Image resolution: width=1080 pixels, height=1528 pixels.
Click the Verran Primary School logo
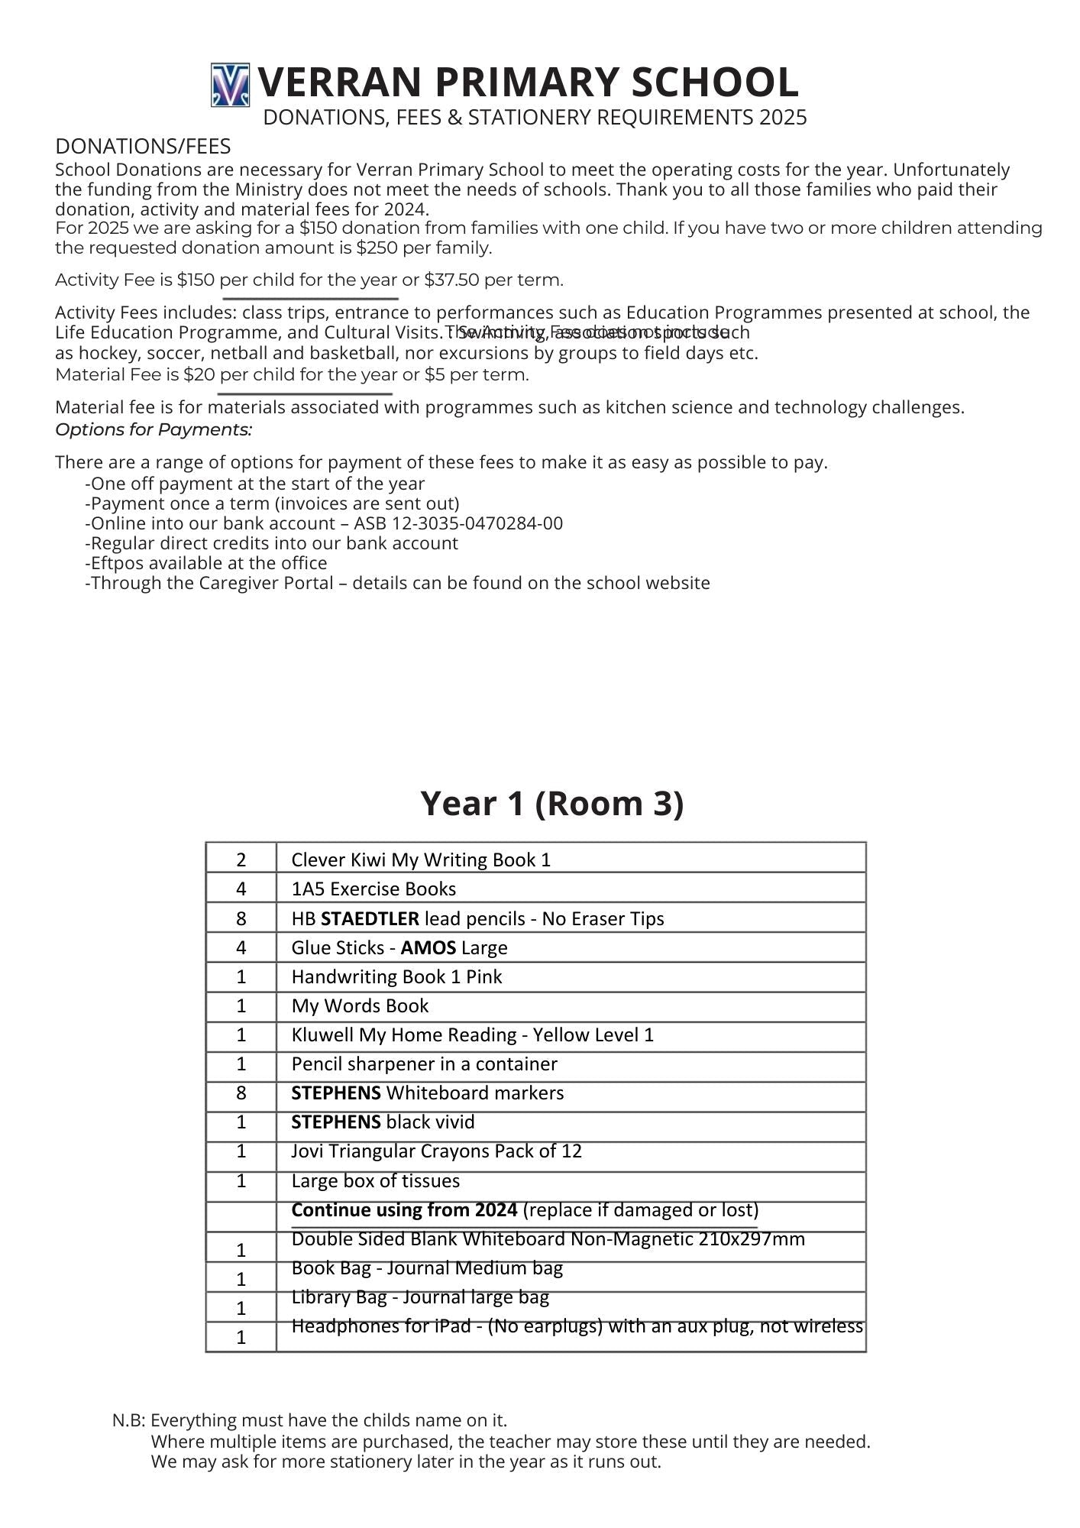(230, 85)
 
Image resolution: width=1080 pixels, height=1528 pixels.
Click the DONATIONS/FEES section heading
(143, 147)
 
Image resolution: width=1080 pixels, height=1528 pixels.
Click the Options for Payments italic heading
(154, 430)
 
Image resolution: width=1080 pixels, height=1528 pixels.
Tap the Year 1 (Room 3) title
(551, 804)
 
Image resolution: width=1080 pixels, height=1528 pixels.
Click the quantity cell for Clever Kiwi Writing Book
(241, 860)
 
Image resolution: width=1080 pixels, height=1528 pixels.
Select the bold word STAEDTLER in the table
(370, 919)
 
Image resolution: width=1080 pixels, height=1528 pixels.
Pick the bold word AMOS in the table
(428, 948)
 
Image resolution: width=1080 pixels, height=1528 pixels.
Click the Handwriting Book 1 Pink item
(396, 977)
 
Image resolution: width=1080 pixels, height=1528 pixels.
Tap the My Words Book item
(360, 1006)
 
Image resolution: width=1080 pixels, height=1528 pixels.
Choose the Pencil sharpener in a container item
(424, 1064)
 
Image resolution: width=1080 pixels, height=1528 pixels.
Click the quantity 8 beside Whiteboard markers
(241, 1093)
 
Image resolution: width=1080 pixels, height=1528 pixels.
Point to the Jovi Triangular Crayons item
(436, 1151)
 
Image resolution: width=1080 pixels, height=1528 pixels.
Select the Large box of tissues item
(375, 1181)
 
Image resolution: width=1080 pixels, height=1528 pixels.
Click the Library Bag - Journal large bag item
(420, 1297)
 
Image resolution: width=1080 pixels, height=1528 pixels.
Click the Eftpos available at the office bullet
(206, 564)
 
